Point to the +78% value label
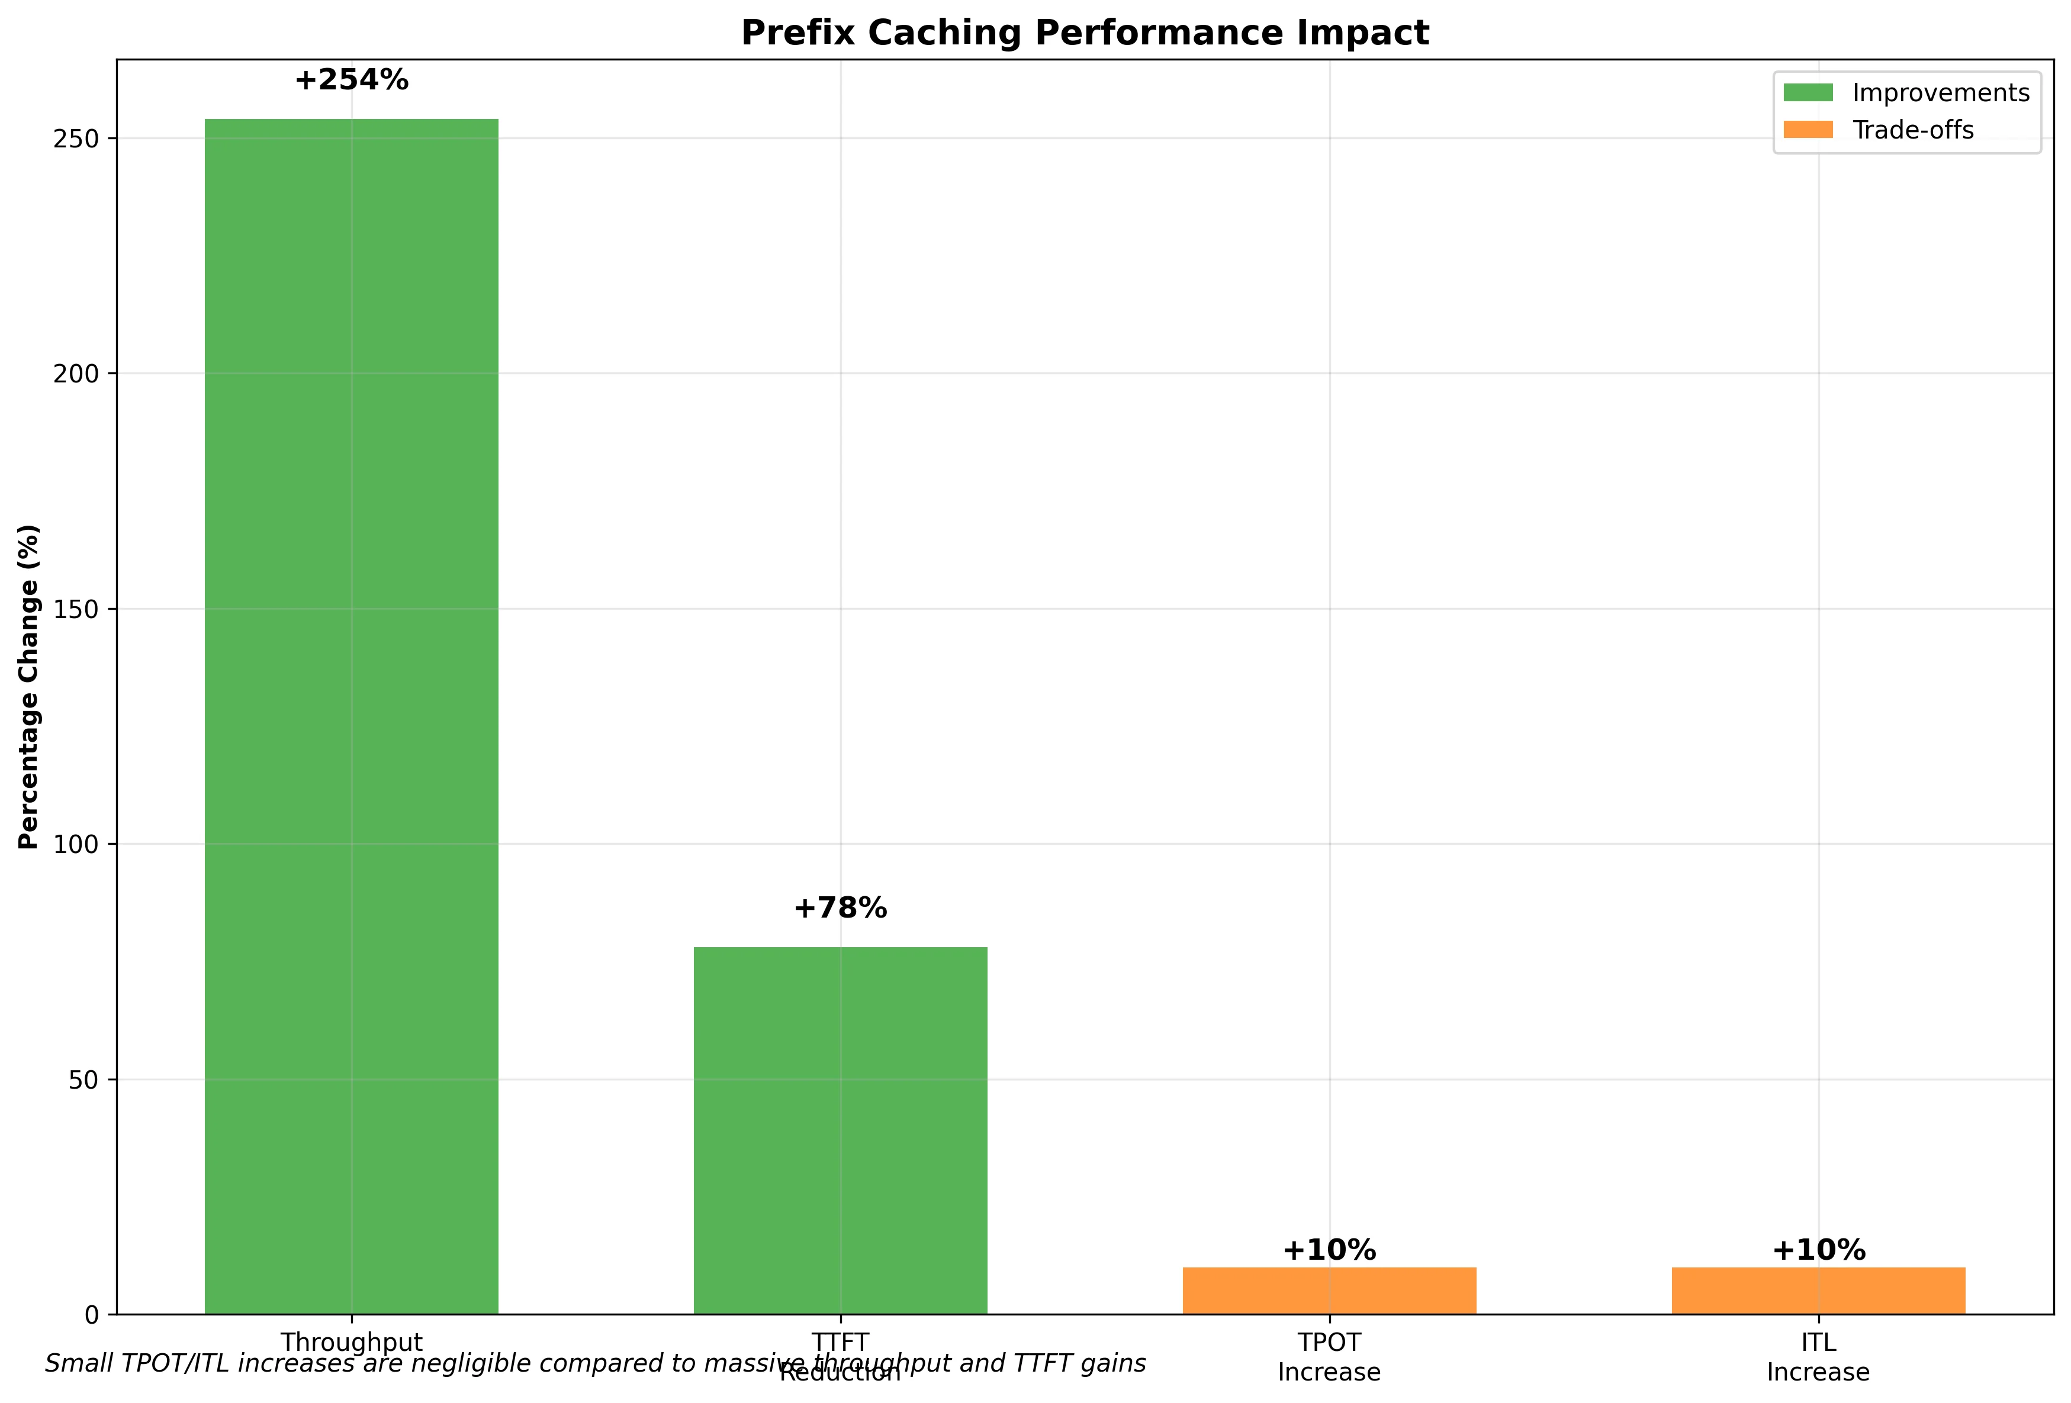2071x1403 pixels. [840, 909]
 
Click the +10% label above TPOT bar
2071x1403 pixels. [1329, 1251]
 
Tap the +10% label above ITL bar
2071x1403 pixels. [1818, 1251]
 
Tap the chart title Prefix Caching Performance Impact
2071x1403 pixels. [1085, 33]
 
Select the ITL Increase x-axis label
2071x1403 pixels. [1818, 1357]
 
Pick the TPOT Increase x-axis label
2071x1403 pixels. [1329, 1357]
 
